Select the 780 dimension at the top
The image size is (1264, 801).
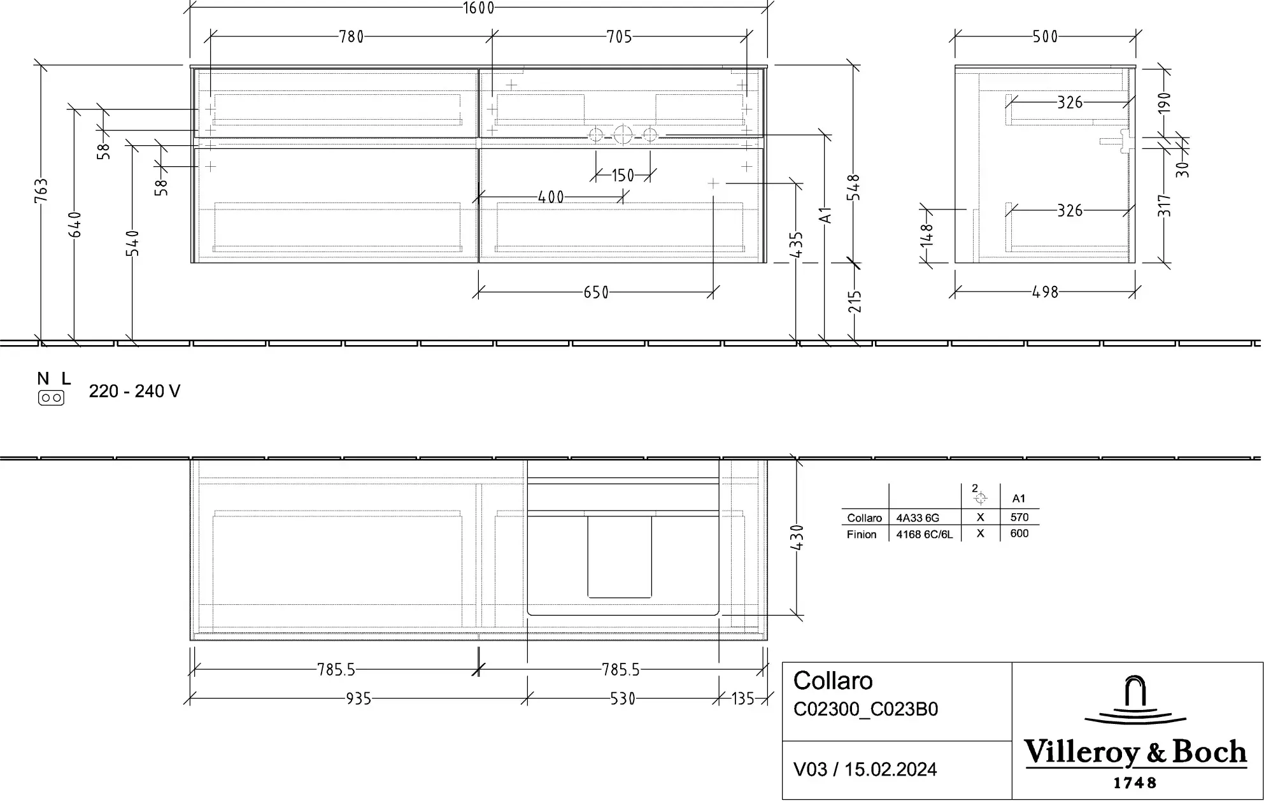[x=352, y=37]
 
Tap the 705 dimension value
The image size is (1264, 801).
[x=620, y=37]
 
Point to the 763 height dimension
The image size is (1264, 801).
[x=41, y=191]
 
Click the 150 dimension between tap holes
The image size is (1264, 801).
[x=623, y=175]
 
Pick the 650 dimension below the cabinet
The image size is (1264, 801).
[x=596, y=293]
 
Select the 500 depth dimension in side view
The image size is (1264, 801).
[x=1045, y=37]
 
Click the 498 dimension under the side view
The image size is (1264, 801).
[x=1045, y=292]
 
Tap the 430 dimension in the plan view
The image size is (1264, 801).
[x=797, y=537]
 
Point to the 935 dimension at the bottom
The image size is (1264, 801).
[x=359, y=699]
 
